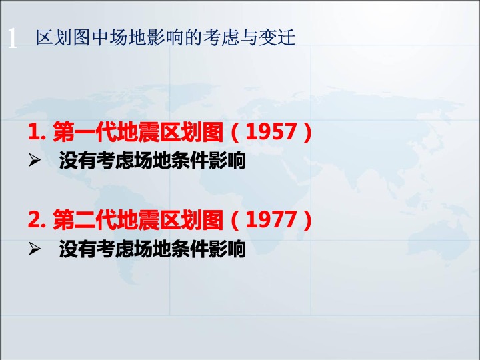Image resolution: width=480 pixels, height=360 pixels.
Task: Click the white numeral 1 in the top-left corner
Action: point(12,38)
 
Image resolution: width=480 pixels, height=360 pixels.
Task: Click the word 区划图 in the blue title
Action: point(63,37)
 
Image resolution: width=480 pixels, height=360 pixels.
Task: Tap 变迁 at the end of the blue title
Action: point(277,37)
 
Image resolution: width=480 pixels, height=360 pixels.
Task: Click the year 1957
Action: point(271,132)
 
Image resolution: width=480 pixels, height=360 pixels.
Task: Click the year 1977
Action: point(271,220)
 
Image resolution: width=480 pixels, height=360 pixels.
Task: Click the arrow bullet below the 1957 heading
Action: point(34,161)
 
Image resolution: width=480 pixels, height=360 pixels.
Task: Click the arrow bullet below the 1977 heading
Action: point(34,249)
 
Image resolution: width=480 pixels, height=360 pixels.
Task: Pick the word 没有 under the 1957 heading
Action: point(77,161)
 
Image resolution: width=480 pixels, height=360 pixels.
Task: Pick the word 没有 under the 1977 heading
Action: point(77,249)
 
